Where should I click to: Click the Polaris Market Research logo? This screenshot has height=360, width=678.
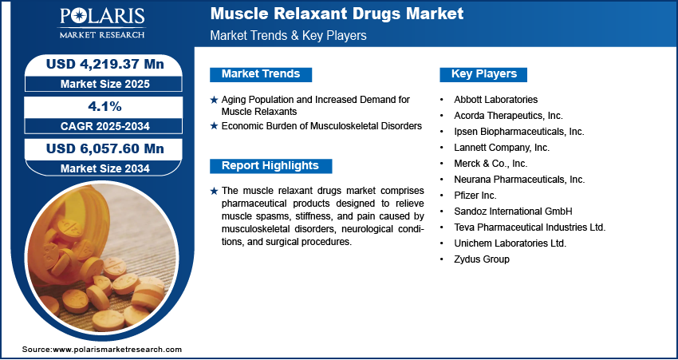(102, 22)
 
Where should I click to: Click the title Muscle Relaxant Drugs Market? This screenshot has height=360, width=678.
(337, 14)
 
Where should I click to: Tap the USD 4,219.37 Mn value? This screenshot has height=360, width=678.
(105, 64)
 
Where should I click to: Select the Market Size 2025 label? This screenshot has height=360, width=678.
(105, 84)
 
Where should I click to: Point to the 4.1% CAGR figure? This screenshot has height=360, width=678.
(104, 106)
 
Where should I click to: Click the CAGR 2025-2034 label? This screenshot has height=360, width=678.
(105, 126)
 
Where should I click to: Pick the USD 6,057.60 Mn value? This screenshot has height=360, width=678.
(105, 148)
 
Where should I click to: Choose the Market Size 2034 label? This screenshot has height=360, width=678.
(105, 168)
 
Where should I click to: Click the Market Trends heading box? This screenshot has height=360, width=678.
(261, 74)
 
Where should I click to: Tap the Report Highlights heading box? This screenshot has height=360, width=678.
(270, 166)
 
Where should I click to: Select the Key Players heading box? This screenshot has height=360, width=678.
(483, 74)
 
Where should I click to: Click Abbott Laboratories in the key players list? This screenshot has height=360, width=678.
(495, 100)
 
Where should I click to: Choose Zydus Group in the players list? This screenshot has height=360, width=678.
(481, 259)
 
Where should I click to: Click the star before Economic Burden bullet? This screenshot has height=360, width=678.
(214, 126)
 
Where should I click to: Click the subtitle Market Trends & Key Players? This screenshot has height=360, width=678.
(288, 35)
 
